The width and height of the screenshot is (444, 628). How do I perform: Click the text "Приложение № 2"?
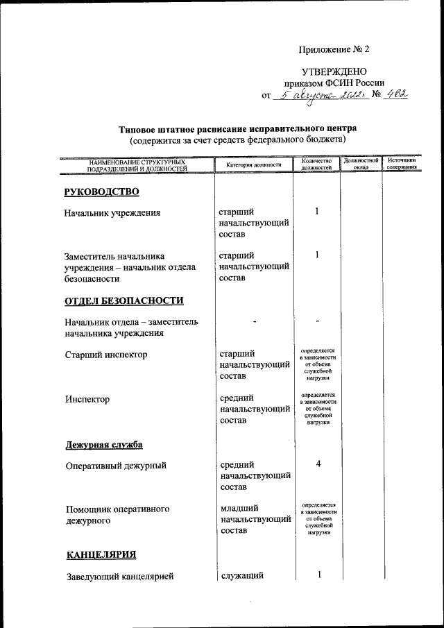pyautogui.click(x=334, y=49)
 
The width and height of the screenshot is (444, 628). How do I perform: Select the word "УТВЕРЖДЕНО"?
pyautogui.click(x=334, y=71)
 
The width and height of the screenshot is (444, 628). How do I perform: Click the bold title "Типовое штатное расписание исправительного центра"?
pyautogui.click(x=238, y=128)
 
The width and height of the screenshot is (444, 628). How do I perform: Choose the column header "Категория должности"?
pyautogui.click(x=253, y=165)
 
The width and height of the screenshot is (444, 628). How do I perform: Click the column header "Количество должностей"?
pyautogui.click(x=316, y=164)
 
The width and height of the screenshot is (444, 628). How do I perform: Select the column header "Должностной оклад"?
pyautogui.click(x=361, y=164)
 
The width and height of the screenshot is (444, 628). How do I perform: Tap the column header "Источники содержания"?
pyautogui.click(x=402, y=164)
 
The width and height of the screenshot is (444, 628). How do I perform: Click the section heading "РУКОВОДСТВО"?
pyautogui.click(x=101, y=192)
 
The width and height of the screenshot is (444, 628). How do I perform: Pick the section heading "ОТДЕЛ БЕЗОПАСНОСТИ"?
pyautogui.click(x=124, y=300)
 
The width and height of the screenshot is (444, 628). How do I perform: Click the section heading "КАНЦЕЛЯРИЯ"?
pyautogui.click(x=101, y=554)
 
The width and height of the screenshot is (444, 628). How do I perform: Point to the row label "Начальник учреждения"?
pyautogui.click(x=112, y=213)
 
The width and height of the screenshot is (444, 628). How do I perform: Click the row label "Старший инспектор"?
pyautogui.click(x=105, y=355)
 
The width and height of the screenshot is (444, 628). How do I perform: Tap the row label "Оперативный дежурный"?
pyautogui.click(x=116, y=466)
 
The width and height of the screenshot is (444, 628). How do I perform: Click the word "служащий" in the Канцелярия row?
pyautogui.click(x=242, y=575)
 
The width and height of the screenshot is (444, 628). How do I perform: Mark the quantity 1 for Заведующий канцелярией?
pyautogui.click(x=318, y=575)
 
